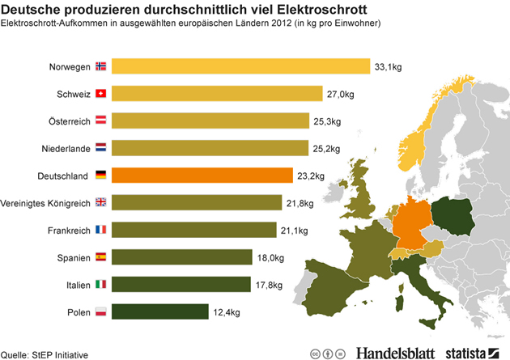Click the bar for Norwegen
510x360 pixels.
coord(239,66)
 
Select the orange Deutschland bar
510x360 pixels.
coord(202,175)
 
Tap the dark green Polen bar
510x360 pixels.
coord(159,311)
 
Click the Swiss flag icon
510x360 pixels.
coord(100,93)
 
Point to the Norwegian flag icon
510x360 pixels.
coord(100,66)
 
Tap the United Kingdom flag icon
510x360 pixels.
coord(100,202)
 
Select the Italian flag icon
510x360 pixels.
coord(100,284)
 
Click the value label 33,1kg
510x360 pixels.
coord(387,66)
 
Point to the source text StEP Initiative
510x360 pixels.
coord(61,354)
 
